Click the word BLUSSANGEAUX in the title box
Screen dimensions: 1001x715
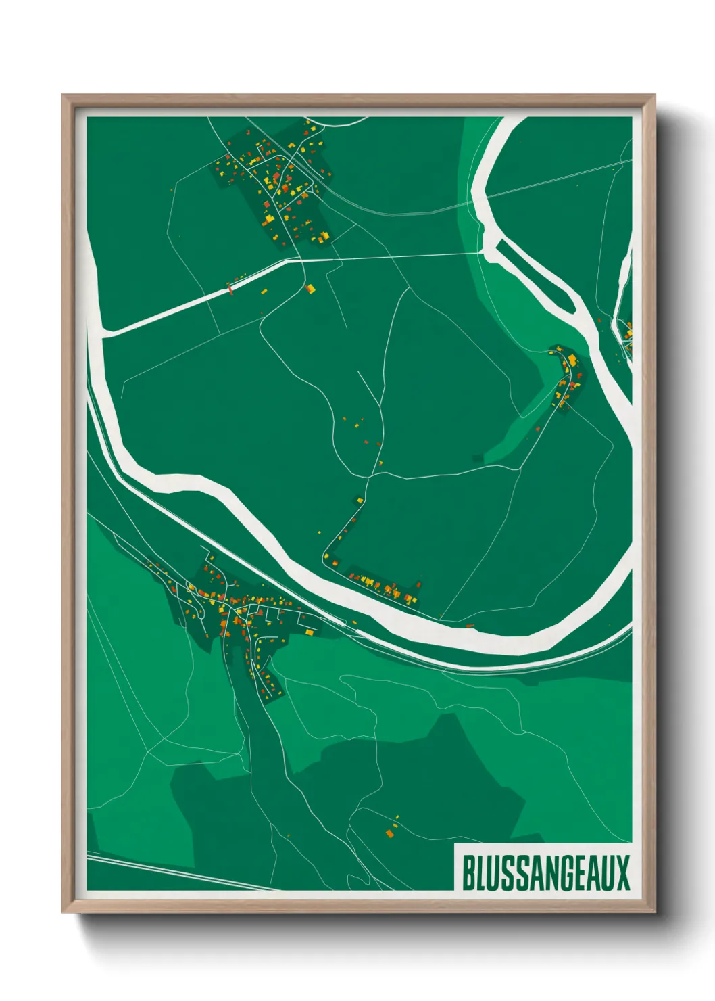click(545, 872)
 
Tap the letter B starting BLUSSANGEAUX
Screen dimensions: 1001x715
click(468, 872)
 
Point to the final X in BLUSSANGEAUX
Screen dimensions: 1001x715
click(623, 872)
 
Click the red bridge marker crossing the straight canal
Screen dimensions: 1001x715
click(230, 290)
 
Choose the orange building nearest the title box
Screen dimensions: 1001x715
click(390, 833)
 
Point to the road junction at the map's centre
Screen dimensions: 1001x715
click(368, 478)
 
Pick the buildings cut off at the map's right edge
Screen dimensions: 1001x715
click(628, 335)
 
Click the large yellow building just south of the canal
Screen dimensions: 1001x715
click(311, 289)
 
